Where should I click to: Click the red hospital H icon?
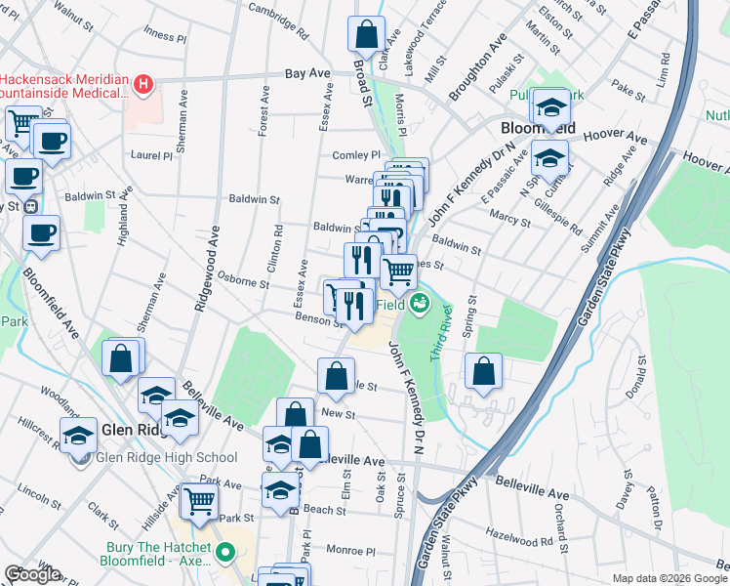(x=143, y=84)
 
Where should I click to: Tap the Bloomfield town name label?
(x=537, y=128)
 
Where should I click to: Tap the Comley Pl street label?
(x=355, y=155)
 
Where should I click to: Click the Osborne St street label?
(x=244, y=279)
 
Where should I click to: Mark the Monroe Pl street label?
(x=350, y=551)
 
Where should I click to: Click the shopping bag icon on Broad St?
(x=366, y=34)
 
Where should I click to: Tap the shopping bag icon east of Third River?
(x=483, y=371)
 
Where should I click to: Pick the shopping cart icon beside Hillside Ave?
(x=200, y=502)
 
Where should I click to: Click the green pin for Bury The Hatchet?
(x=225, y=553)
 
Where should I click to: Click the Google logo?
(x=32, y=574)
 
